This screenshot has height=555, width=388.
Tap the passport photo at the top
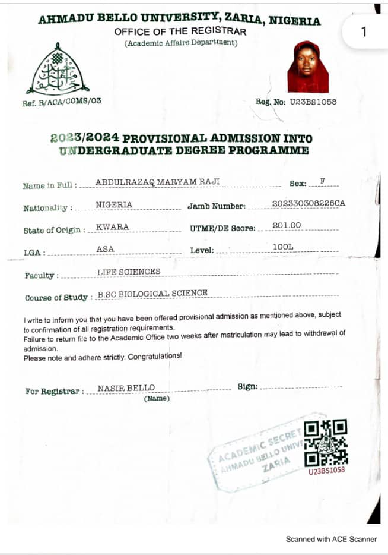[x=308, y=67]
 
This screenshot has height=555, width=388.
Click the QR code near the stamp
[x=326, y=443]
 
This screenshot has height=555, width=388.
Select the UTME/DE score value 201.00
[x=287, y=225]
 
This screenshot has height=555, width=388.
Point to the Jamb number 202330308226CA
[x=308, y=204]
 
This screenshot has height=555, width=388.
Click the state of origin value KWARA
[x=112, y=227]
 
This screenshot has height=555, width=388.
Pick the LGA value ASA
[x=105, y=249]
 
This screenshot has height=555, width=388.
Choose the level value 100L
[x=284, y=247]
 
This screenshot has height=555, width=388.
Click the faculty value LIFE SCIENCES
[x=129, y=272]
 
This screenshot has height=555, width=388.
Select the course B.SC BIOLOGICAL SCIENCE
[x=152, y=293]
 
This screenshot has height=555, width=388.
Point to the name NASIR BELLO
[x=126, y=388]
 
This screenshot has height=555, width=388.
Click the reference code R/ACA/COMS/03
[x=69, y=101]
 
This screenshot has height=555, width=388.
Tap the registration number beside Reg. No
[x=313, y=102]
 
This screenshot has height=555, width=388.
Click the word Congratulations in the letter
[x=155, y=357]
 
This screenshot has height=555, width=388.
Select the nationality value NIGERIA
[x=114, y=205]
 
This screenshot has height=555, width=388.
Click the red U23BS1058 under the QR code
[x=326, y=471]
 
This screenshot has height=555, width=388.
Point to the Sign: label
[x=247, y=387]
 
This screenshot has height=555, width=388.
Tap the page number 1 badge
[x=364, y=31]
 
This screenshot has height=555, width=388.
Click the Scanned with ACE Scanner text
[x=331, y=539]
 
